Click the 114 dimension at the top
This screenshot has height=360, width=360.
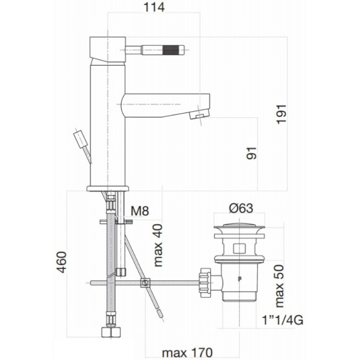(x=154, y=7)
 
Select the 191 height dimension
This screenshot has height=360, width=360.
(x=282, y=114)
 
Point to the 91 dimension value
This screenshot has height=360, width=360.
(x=251, y=153)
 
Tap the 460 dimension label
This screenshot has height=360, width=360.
(x=62, y=262)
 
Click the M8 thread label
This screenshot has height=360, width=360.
(x=140, y=211)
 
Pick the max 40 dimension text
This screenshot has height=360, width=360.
(x=158, y=245)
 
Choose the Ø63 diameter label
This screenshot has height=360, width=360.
(x=241, y=208)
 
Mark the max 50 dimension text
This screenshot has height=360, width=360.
(x=279, y=286)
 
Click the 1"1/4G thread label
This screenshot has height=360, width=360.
(x=283, y=320)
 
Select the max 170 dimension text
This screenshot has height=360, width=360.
(x=187, y=352)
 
